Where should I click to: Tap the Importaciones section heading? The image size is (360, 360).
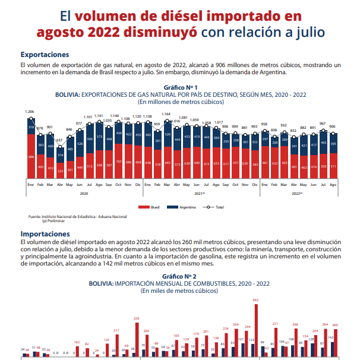pos(45,234)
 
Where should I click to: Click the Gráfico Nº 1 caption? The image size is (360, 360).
pos(180,87)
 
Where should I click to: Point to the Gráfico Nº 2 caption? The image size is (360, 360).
pos(180,277)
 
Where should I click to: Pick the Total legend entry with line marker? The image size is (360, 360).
pos(214,207)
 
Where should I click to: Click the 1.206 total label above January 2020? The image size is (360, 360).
pos(30,112)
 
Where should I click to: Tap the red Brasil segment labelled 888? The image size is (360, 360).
pos(30,157)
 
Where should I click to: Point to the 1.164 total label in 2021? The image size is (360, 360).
pos(166,114)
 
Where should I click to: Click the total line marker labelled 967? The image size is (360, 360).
pos(323,128)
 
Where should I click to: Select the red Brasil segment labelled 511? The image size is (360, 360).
pos(333,166)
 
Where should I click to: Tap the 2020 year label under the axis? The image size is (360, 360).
pos(84,193)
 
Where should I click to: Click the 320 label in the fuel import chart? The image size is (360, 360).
pos(137,318)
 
